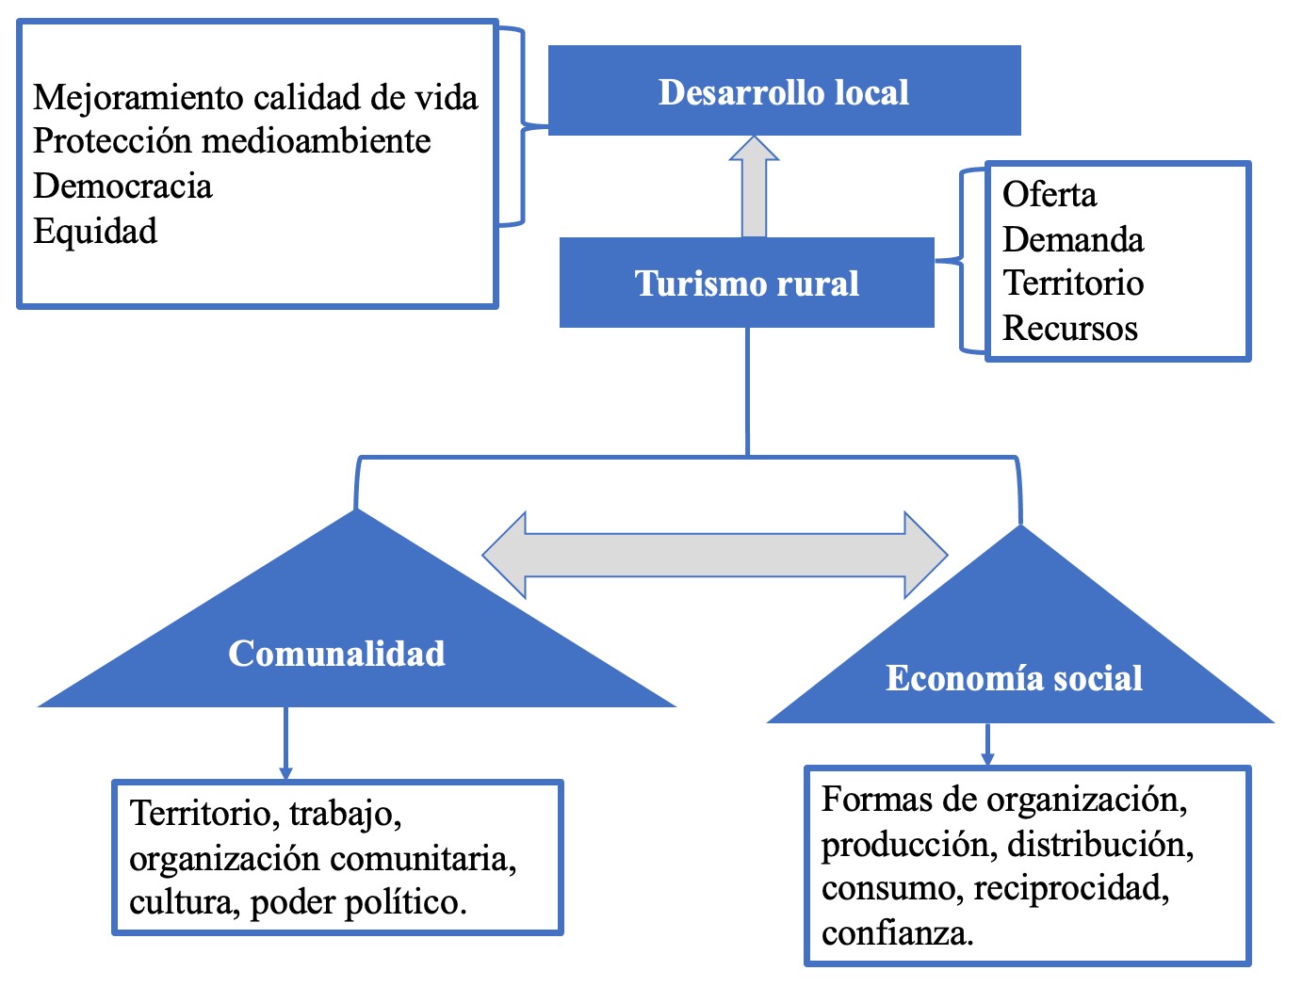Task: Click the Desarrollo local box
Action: [x=784, y=91]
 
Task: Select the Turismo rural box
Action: [x=746, y=283]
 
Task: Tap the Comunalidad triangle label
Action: [x=336, y=653]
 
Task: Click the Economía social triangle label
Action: [x=1014, y=677]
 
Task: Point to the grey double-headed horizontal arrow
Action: [x=714, y=556]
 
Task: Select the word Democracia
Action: [x=122, y=186]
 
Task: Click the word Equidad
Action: [x=95, y=231]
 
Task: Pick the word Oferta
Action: [x=1050, y=195]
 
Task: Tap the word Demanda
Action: [x=1073, y=239]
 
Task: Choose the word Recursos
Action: [x=1070, y=328]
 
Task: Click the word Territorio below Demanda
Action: [x=1073, y=283]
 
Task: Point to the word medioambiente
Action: [x=317, y=141]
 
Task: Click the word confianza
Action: [x=897, y=933]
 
